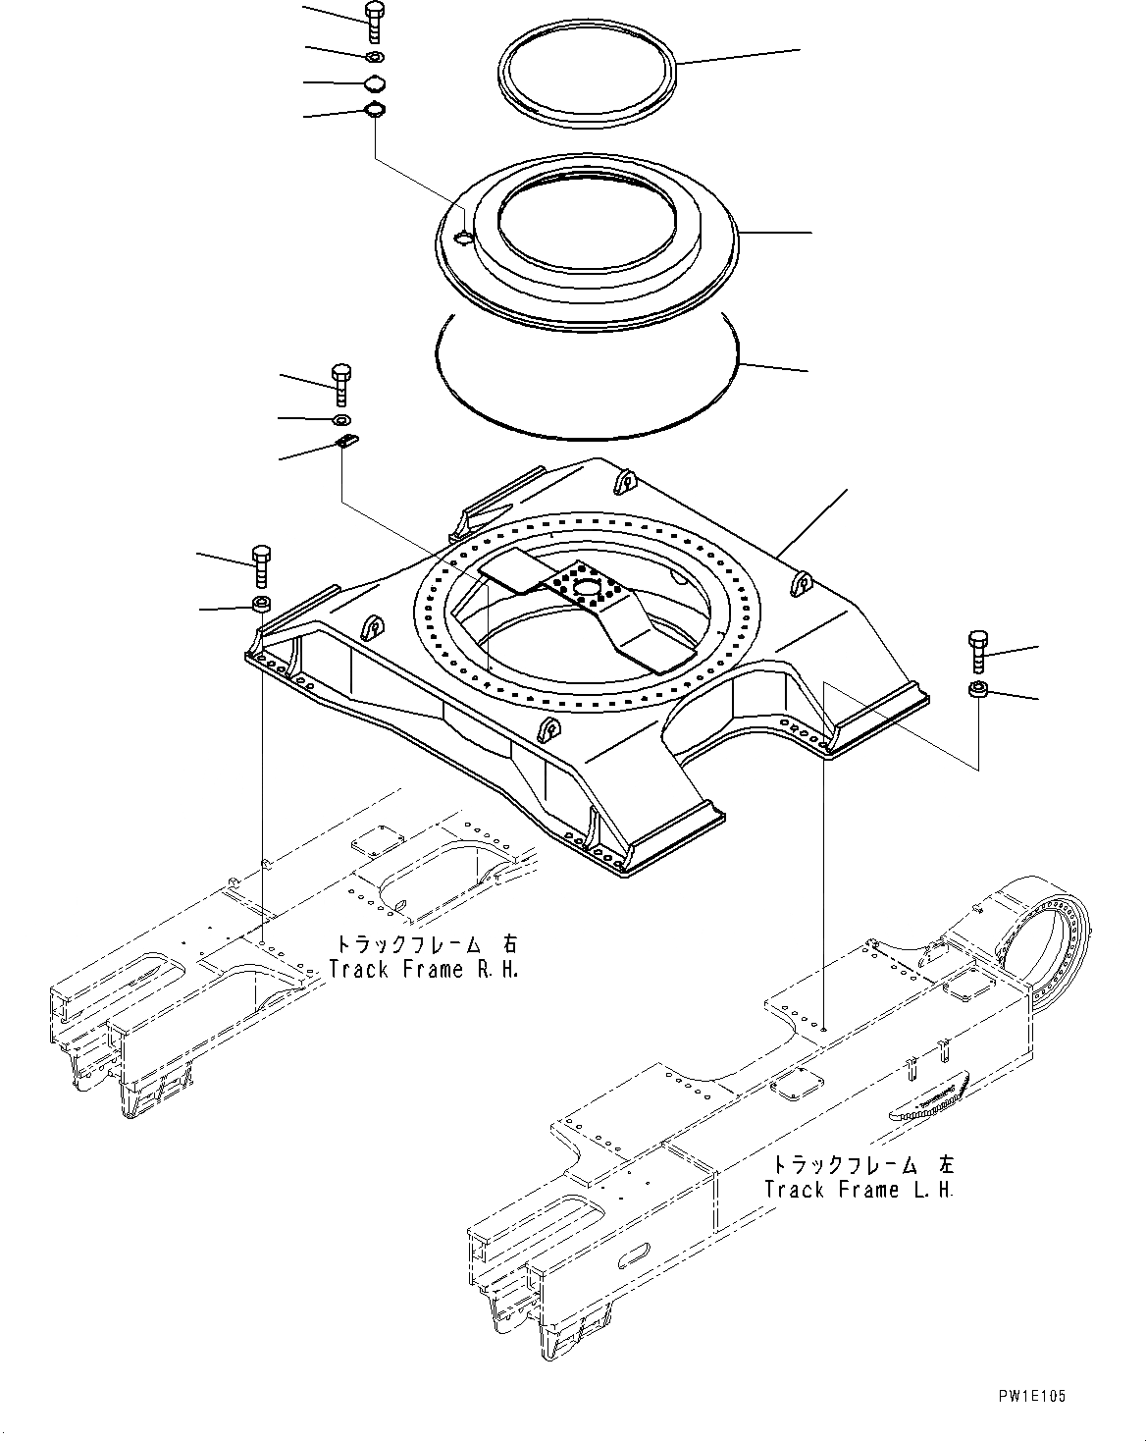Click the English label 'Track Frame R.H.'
(423, 970)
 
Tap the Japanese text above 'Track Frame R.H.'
(425, 945)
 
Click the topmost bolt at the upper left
(374, 22)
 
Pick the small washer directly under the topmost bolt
(375, 55)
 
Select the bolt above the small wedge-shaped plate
(341, 384)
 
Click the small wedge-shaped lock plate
(347, 442)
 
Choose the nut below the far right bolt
(977, 690)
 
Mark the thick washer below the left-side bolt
(262, 603)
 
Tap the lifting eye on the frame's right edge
(802, 583)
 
